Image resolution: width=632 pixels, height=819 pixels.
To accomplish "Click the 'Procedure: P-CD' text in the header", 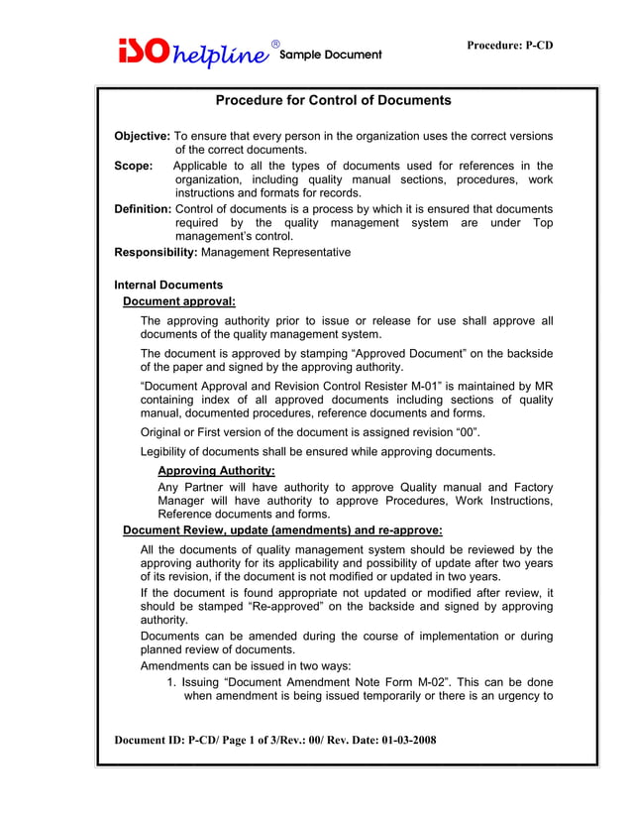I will tap(509, 47).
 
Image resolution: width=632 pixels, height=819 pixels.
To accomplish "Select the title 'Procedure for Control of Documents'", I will tap(333, 100).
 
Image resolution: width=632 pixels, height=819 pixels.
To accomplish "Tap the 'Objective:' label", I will tap(143, 136).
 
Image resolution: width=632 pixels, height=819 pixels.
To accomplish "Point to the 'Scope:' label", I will tap(134, 166).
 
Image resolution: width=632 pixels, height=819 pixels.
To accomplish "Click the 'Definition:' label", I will tap(144, 208).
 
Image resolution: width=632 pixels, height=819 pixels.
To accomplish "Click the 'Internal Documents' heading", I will tap(168, 286).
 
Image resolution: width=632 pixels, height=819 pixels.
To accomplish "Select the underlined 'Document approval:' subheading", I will tap(178, 300).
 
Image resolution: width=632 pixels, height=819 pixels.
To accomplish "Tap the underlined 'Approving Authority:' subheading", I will tap(216, 471).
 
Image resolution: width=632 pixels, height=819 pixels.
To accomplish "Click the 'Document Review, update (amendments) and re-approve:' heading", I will tap(282, 530).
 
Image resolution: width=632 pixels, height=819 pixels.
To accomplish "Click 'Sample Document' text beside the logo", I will tap(331, 55).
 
